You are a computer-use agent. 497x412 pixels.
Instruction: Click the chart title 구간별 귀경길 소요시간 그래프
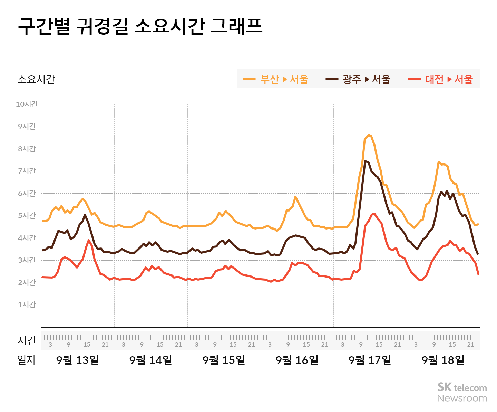(140, 26)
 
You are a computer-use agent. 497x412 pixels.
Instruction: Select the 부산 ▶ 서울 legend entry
(276, 79)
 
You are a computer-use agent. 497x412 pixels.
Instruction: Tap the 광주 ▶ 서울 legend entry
(358, 79)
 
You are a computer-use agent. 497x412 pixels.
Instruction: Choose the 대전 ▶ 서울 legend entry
(440, 79)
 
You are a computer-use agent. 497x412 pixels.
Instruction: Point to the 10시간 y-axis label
(27, 104)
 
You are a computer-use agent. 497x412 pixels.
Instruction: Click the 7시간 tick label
(27, 171)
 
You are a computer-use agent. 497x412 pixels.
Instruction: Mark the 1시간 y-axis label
(27, 305)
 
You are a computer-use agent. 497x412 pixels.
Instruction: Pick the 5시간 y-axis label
(27, 216)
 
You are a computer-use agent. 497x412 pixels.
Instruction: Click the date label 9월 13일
(77, 360)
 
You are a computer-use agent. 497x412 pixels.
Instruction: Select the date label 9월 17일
(370, 360)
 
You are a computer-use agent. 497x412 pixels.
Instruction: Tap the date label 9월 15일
(224, 360)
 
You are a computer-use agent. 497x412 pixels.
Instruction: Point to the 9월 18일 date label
(443, 360)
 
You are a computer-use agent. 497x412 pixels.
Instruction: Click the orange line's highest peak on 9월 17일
(369, 135)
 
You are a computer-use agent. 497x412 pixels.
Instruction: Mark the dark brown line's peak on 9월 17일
(365, 161)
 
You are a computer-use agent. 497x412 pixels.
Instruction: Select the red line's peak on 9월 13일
(89, 240)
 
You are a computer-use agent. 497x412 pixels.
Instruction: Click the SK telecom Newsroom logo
(462, 392)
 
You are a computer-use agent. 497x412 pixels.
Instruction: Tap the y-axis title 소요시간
(36, 79)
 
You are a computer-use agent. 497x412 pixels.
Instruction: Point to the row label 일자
(27, 360)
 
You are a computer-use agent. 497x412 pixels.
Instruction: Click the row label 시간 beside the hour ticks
(27, 340)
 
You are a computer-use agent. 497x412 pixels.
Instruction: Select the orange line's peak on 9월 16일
(295, 197)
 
